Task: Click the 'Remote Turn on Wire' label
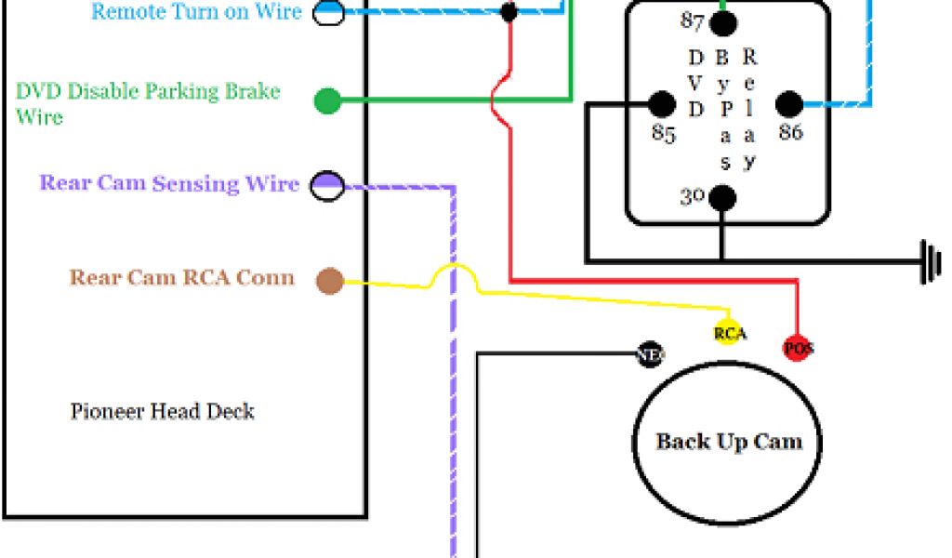pos(197,12)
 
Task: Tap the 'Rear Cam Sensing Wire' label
pos(169,183)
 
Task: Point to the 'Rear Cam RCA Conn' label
pos(182,277)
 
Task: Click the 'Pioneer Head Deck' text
pos(163,411)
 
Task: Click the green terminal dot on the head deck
pos(327,100)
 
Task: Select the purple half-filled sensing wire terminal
pos(327,185)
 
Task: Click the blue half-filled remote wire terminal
pos(327,12)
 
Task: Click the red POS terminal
pos(798,348)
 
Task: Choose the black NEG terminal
pos(649,353)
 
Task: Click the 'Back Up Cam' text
pos(729,441)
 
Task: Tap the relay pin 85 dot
pos(662,104)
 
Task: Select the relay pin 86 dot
pos(788,104)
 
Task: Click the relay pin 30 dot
pos(723,197)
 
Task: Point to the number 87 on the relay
pos(692,20)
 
